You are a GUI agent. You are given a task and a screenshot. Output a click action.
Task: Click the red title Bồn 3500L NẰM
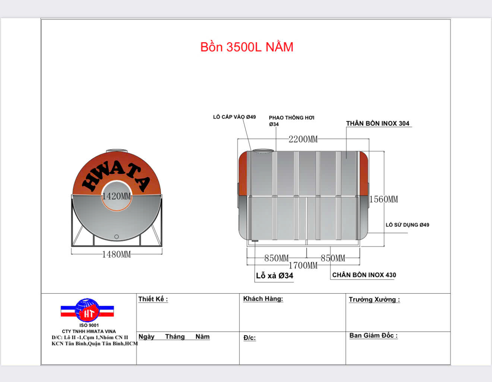click(247, 47)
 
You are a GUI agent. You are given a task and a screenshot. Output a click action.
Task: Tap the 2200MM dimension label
click(303, 139)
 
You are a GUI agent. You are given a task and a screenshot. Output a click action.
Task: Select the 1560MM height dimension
click(384, 200)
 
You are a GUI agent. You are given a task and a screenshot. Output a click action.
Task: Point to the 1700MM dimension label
click(303, 266)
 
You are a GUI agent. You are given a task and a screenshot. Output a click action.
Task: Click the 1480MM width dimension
click(116, 254)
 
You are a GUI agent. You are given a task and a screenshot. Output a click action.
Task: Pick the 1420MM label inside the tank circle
click(116, 196)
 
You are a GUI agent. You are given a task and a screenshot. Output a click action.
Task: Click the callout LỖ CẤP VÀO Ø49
click(234, 117)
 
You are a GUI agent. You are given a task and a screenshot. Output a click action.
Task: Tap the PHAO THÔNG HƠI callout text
click(291, 118)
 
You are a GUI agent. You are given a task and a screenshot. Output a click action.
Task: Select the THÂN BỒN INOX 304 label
click(378, 123)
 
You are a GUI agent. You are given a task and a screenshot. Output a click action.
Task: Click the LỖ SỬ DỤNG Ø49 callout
click(407, 225)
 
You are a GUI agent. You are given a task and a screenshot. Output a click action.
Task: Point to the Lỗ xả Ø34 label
click(274, 276)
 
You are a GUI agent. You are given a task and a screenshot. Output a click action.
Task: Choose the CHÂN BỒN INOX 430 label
click(364, 275)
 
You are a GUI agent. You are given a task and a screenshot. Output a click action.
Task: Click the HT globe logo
click(87, 310)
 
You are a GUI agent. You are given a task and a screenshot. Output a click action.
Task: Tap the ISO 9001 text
click(89, 325)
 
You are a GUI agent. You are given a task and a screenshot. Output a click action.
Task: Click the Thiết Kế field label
click(153, 299)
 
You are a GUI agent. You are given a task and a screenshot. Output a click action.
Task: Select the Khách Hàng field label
click(263, 299)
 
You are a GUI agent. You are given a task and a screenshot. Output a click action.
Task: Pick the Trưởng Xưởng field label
click(374, 300)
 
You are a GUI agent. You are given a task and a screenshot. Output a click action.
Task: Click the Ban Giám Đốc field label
click(373, 336)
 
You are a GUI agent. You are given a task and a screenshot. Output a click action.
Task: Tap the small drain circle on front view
click(117, 237)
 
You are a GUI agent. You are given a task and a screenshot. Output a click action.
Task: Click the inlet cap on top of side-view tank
click(263, 151)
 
